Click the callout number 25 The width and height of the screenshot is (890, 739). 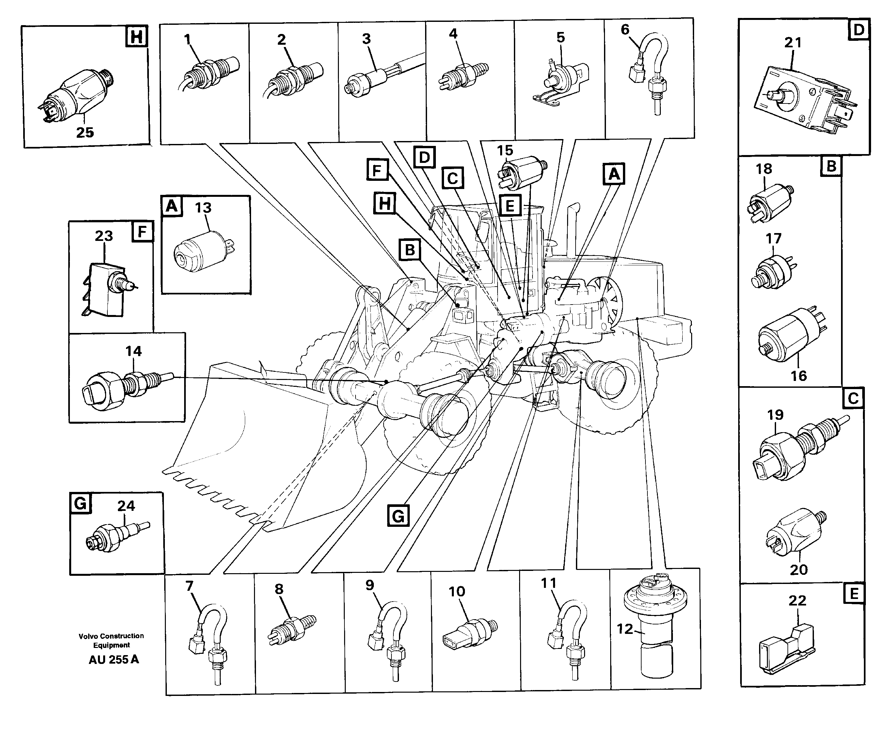pos(85,133)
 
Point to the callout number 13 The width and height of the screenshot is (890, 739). pos(203,208)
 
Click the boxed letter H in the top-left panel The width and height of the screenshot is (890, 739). pos(136,37)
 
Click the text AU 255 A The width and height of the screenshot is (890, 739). pos(114,659)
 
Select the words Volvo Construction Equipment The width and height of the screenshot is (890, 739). pos(111,640)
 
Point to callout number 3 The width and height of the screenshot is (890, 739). pos(367,39)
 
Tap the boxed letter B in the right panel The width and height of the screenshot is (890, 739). pos(831,166)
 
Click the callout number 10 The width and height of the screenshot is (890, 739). pos(457,591)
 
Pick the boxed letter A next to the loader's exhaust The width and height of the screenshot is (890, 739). pos(614,174)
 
